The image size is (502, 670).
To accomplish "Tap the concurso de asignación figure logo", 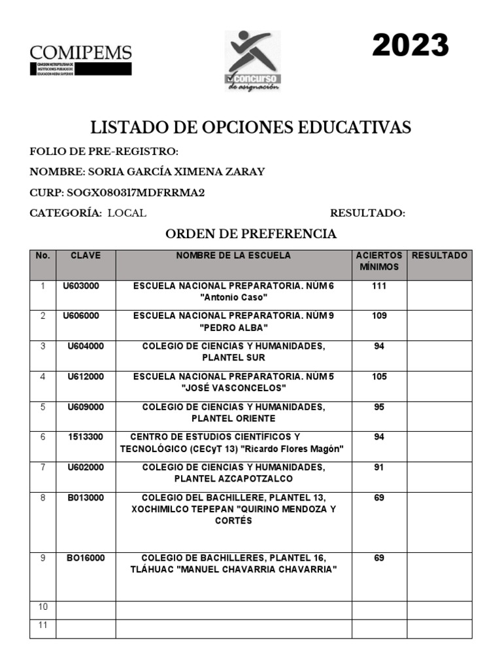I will pos(253,60).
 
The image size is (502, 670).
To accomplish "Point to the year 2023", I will pos(410,46).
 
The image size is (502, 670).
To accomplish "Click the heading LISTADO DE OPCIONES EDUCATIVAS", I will pos(250,127).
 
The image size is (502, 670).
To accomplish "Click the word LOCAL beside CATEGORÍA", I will pos(127,213).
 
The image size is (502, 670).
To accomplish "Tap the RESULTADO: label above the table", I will pos(367,213).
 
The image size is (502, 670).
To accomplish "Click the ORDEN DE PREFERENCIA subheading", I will pos(250,234).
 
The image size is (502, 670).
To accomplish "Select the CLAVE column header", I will pos(86,256).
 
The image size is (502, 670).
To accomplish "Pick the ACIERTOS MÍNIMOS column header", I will pos(379,261).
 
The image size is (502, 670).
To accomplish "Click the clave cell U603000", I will pos(81,287).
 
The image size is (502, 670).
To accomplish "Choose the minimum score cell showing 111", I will pos(379,287).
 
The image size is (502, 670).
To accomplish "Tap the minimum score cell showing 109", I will pos(379,316).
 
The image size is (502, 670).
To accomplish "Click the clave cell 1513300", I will pos(86,436).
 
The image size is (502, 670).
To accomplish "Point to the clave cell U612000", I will pos(86,377).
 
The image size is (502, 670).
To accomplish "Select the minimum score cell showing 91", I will pos(379,467).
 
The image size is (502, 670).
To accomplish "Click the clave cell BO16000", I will pos(86,558).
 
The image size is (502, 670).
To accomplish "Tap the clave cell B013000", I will pos(86,498).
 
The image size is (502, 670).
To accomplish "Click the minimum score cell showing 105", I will pos(379,377).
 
